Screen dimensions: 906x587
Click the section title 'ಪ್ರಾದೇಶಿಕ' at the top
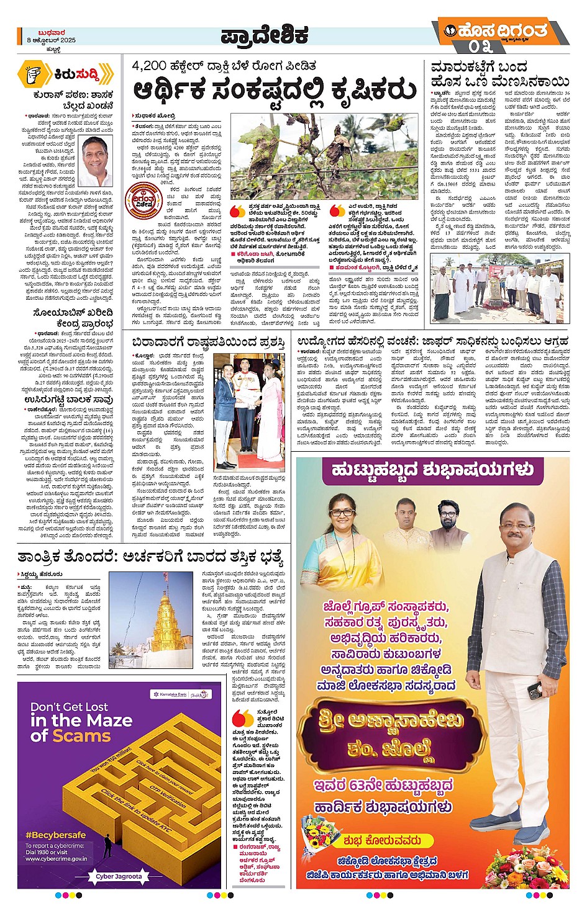265,36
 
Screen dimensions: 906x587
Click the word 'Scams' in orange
81,736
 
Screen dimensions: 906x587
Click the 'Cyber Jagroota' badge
119,876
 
